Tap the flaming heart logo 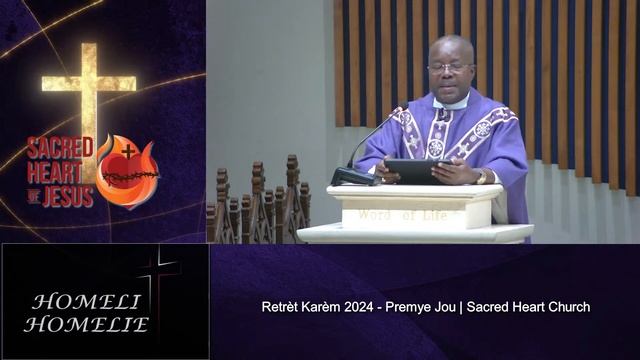point(127,171)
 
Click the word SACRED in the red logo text point(60,148)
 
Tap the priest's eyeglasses point(449,67)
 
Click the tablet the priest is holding point(417,171)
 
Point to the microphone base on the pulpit point(355,177)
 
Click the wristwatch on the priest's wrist point(481,176)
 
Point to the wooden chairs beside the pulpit point(255,205)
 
